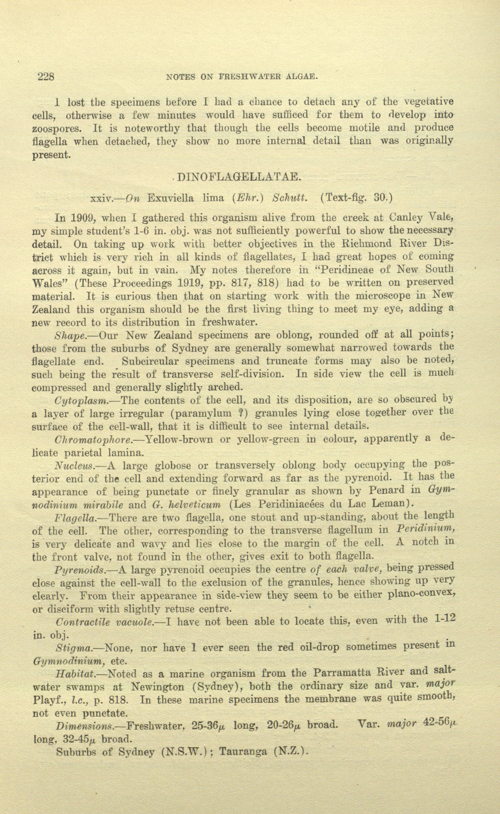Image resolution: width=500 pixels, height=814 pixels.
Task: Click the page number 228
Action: coord(46,77)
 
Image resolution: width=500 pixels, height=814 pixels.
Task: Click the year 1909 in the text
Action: coord(83,218)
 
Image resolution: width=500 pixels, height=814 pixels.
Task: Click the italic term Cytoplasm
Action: coord(81,401)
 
